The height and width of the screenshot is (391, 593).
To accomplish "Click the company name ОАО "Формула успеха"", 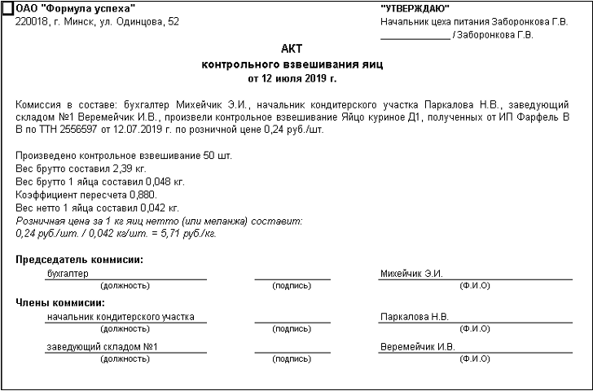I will point(75,8).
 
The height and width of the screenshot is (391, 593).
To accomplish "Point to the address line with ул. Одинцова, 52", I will point(97,22).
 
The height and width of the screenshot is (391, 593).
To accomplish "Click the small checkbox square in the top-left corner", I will point(7,9).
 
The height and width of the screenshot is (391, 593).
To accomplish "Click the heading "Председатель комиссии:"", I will point(78,260).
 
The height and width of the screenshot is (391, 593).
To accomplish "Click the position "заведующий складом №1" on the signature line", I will point(102,347).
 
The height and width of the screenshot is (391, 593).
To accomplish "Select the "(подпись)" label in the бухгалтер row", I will point(292,286).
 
